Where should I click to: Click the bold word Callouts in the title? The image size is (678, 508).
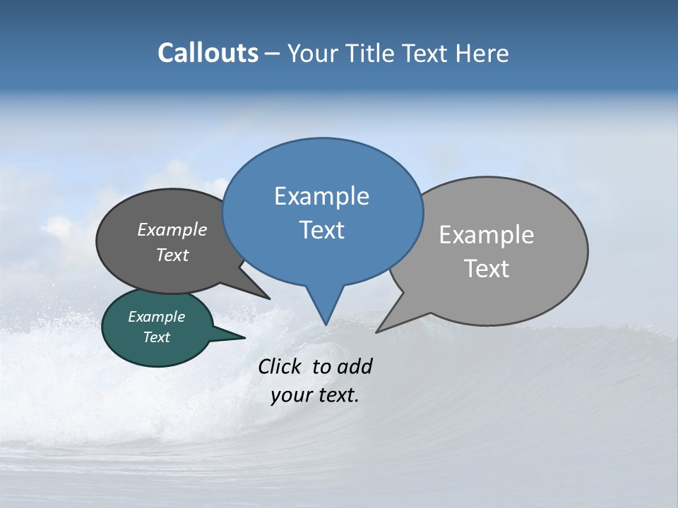click(208, 53)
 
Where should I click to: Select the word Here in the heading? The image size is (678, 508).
click(482, 53)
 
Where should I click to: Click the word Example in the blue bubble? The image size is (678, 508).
click(321, 196)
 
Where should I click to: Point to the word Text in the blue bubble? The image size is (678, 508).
click(321, 230)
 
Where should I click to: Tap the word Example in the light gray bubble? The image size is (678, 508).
click(487, 235)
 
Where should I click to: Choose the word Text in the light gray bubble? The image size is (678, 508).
click(487, 269)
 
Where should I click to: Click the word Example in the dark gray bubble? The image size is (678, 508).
click(172, 229)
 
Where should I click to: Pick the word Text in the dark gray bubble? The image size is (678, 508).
click(172, 255)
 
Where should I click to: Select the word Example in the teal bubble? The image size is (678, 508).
click(156, 317)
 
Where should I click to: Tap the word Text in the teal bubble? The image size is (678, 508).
click(156, 337)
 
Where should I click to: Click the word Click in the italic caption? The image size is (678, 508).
click(281, 366)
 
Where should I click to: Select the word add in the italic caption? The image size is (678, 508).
click(355, 366)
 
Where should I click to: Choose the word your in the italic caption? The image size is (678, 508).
click(290, 395)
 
